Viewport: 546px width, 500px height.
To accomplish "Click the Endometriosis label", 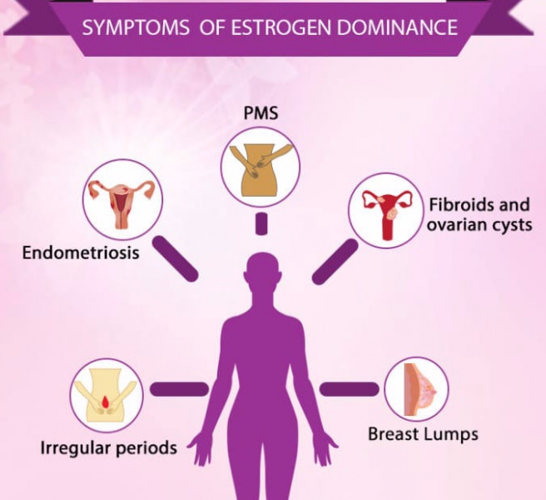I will pos(82,251).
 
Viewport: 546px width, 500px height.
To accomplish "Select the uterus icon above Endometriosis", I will pos(122,199).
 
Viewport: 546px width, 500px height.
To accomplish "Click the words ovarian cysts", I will pos(479,226).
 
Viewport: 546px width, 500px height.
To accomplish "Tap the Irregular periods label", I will pos(109,447).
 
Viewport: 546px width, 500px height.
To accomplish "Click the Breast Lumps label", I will pos(423,433).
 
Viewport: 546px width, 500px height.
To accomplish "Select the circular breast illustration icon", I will pos(416,389).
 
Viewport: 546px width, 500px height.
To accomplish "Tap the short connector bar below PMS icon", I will pos(261,222).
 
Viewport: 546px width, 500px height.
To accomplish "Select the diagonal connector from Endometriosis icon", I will pos(176,257).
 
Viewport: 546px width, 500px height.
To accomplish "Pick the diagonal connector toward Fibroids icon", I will pos(335,261).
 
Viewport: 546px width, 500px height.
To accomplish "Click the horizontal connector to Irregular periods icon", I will pos(179,388).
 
